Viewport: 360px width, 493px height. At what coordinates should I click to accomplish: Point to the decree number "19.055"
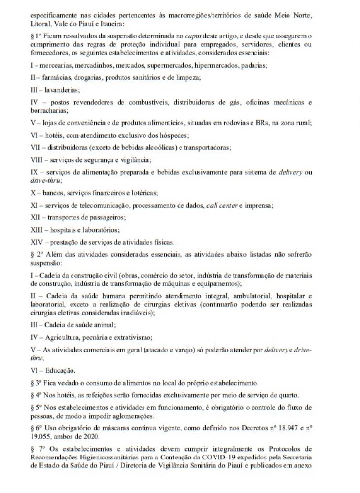tap(41, 436)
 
